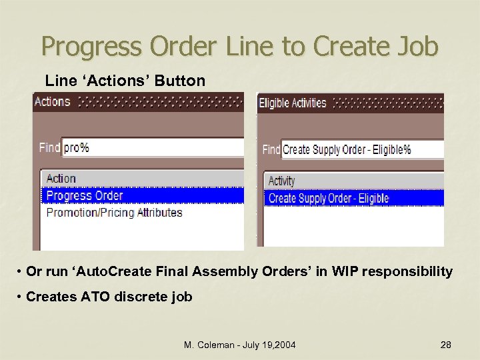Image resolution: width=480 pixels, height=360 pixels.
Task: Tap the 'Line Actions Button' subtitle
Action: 125,81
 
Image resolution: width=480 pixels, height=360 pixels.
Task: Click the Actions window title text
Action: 52,102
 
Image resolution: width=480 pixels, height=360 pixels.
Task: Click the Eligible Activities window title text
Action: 292,103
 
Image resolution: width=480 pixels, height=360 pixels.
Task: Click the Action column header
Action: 61,179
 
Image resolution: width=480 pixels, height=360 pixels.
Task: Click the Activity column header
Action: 281,181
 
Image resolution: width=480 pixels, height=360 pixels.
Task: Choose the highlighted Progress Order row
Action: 85,195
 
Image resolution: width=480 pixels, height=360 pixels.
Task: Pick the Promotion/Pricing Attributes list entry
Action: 114,213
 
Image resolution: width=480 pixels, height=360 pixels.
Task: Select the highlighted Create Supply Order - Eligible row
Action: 328,198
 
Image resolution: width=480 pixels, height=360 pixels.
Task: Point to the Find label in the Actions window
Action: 49,147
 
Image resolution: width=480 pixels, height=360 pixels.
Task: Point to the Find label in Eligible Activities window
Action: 271,149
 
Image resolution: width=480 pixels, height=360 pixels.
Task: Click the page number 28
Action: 446,345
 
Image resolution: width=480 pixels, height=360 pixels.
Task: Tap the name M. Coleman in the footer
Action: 209,345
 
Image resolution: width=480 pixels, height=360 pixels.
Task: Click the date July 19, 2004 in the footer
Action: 270,345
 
